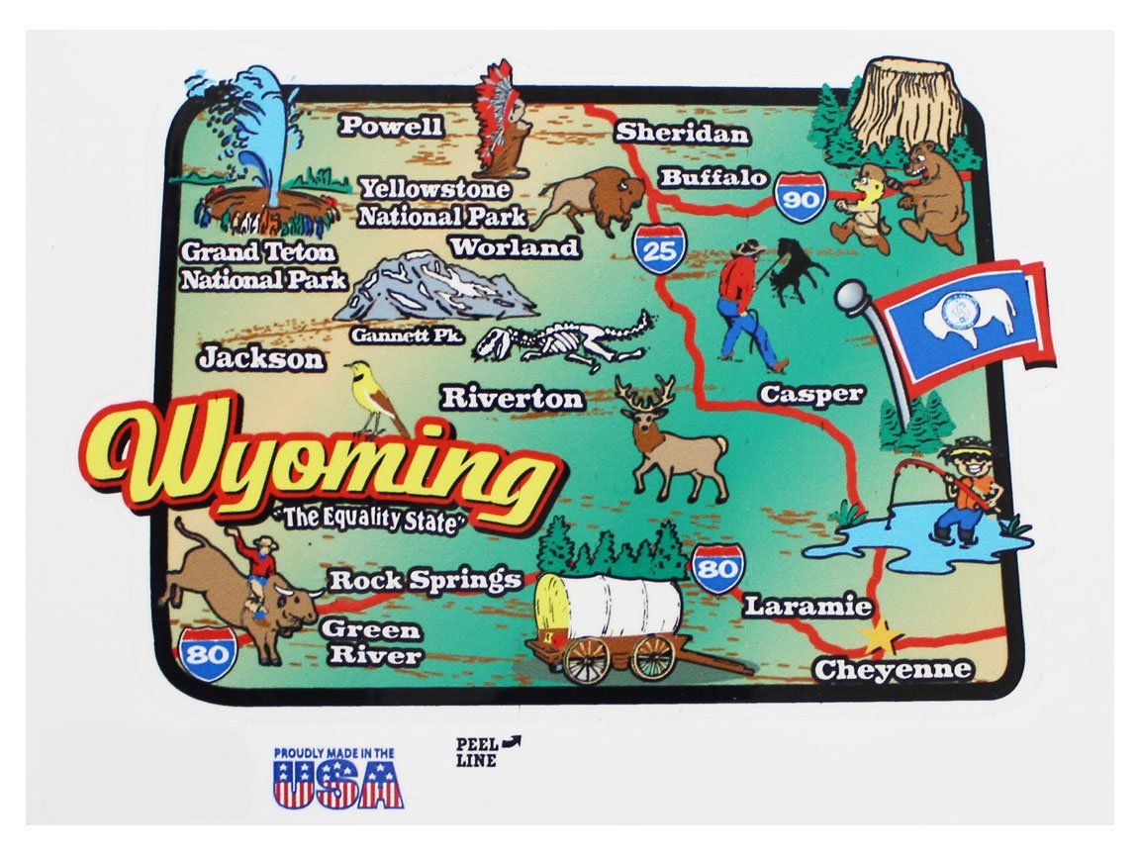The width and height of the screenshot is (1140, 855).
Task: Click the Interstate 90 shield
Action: point(800,197)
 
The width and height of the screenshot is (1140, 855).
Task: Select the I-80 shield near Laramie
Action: point(716,568)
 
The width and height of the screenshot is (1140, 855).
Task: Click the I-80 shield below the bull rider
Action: point(210,652)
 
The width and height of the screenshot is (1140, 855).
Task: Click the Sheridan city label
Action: point(682,134)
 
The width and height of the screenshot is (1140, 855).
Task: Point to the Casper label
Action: point(811,394)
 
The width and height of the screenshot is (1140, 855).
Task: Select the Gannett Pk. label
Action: point(407,336)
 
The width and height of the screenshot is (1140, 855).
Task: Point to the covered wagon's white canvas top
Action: point(609,605)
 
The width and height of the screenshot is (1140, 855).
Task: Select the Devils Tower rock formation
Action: point(903,103)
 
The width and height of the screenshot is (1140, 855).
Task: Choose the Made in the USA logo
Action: point(337,778)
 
